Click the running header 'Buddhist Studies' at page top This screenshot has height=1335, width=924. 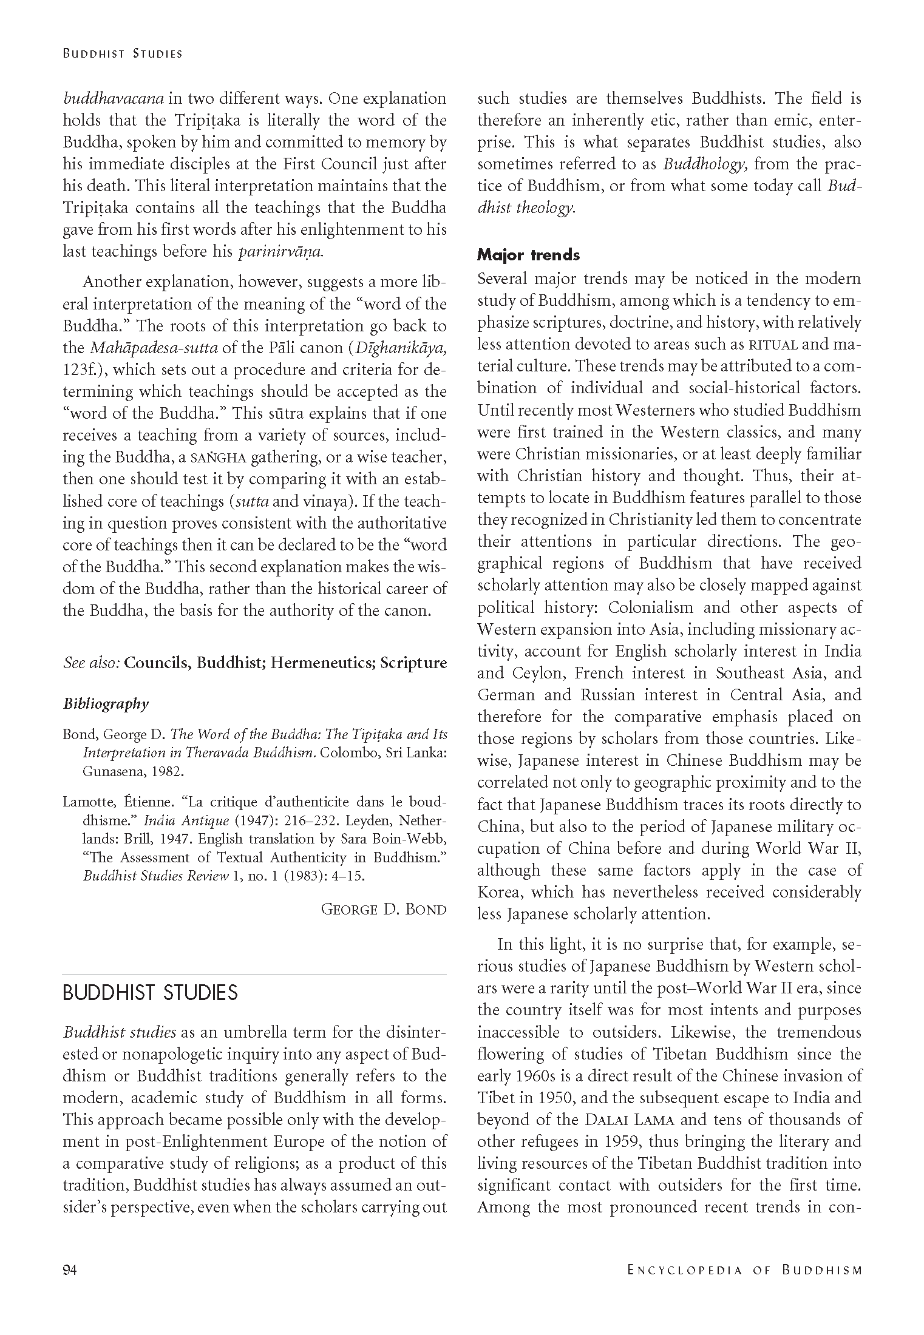tap(123, 53)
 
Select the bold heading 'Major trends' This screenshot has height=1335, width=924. tap(528, 255)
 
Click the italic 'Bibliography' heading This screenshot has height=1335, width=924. tap(106, 704)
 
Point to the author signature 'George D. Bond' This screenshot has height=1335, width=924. tap(384, 909)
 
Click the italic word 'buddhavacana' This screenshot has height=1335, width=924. tap(114, 99)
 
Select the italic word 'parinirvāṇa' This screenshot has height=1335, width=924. tap(281, 252)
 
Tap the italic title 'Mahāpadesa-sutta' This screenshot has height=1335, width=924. tap(160, 348)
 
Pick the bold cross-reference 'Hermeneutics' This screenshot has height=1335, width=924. tap(322, 663)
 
